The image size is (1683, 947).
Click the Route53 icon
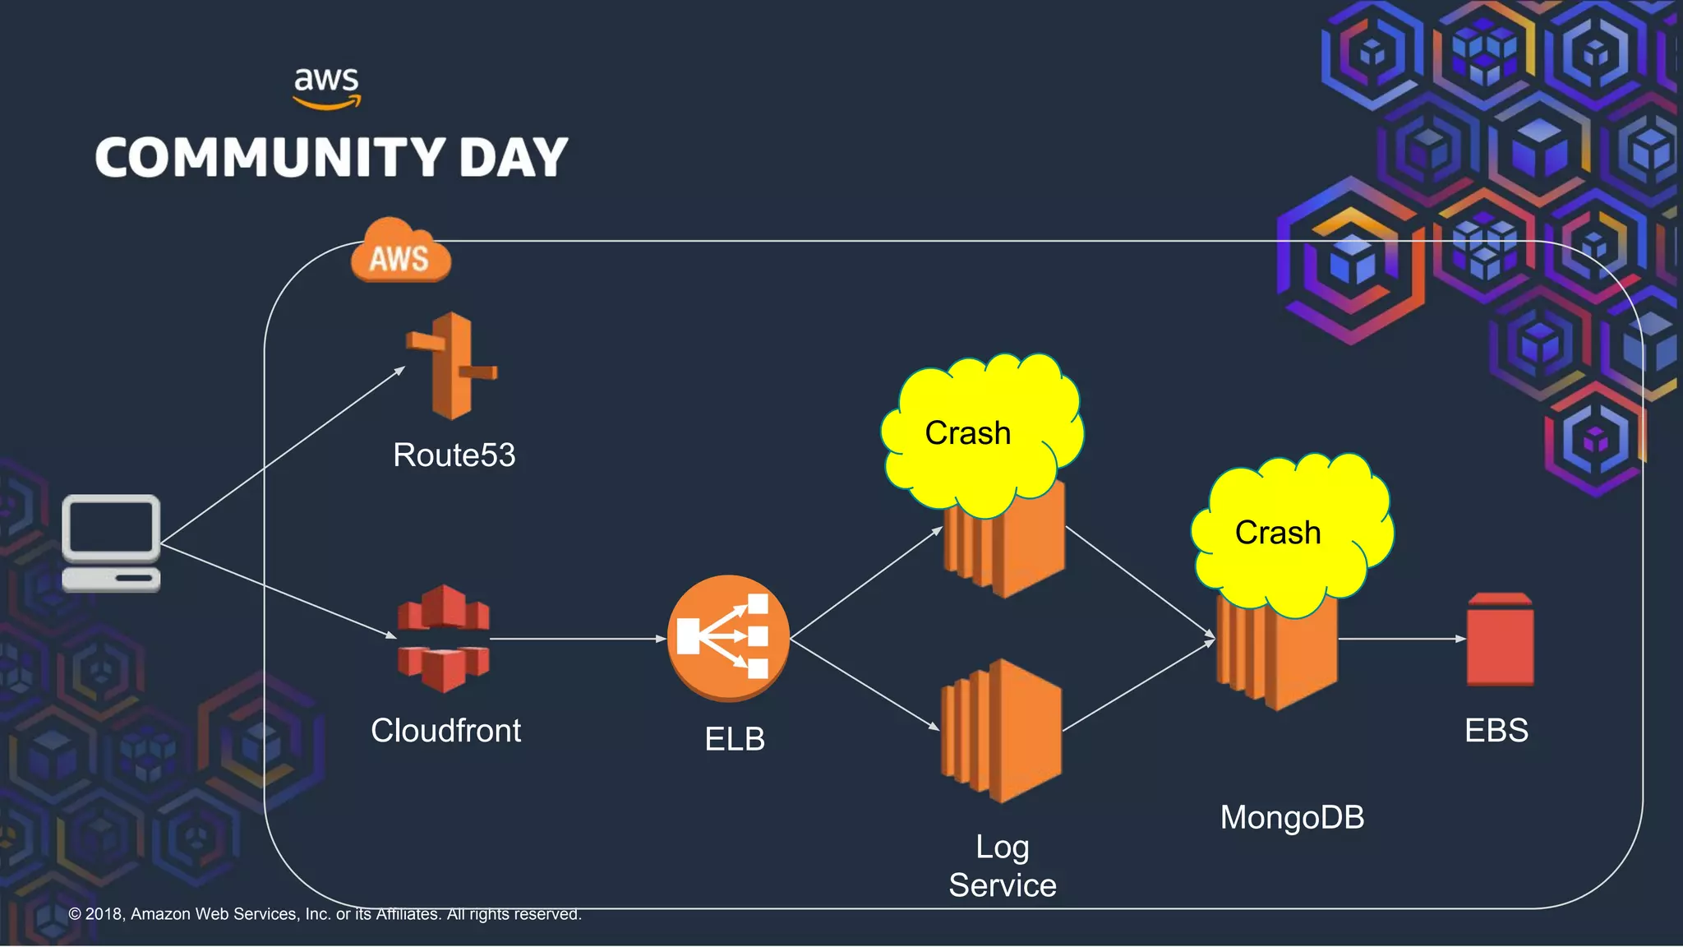point(451,366)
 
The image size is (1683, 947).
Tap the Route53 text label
point(454,455)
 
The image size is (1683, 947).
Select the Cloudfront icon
point(444,638)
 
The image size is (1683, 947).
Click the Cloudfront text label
point(445,731)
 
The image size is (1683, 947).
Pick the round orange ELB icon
point(728,638)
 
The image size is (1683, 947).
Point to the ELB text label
point(735,739)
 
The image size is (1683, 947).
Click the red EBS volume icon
point(1500,640)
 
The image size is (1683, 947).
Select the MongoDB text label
point(1292,818)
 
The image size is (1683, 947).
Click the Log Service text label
point(1003,866)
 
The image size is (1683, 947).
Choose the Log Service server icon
point(1001,730)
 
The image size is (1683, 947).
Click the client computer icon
point(111,543)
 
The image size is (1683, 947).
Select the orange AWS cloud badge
point(400,252)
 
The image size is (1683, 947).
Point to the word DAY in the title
point(513,158)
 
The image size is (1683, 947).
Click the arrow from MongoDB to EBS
point(1401,638)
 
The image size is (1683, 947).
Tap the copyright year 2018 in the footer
point(104,914)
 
